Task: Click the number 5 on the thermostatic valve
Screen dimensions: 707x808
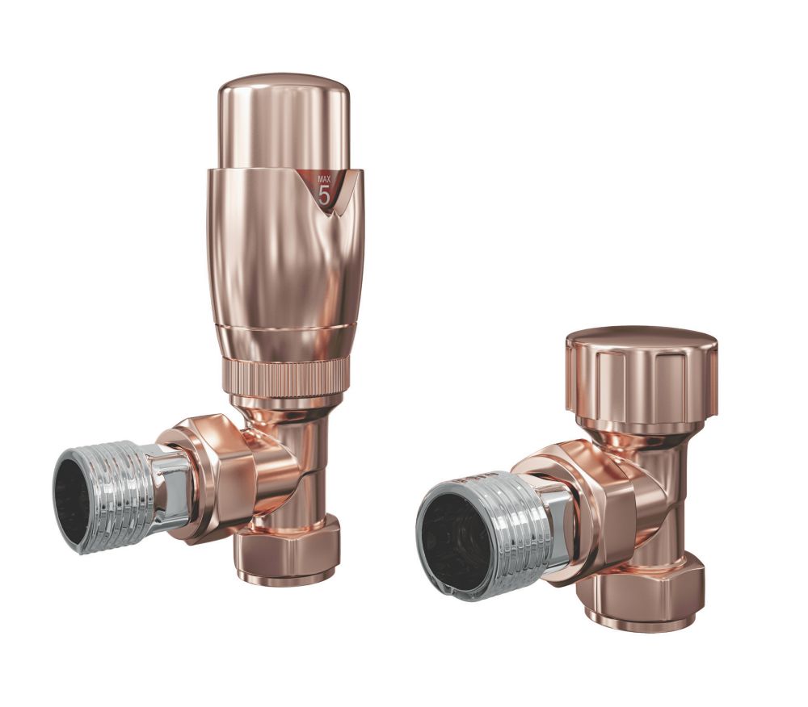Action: click(325, 195)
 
